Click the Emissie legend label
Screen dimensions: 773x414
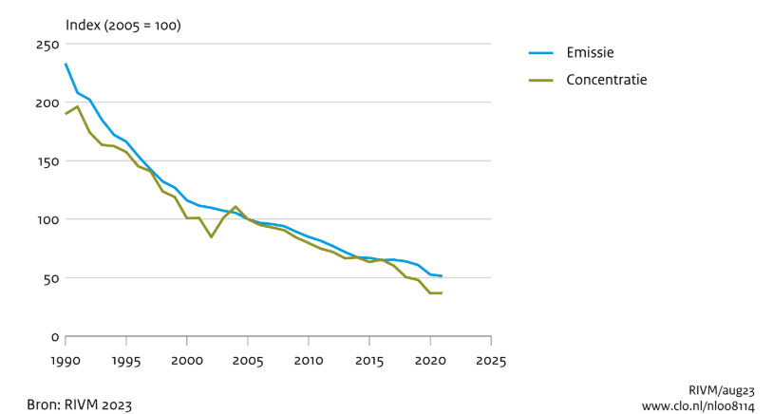click(590, 52)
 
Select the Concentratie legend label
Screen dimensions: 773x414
click(607, 80)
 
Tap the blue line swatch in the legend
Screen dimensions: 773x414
click(541, 53)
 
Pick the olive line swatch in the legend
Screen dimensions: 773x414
click(541, 80)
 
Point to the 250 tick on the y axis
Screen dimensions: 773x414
click(47, 45)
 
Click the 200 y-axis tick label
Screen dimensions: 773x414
click(47, 103)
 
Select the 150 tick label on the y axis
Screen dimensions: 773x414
click(47, 161)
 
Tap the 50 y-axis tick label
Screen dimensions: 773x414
click(51, 278)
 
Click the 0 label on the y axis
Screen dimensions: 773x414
click(55, 338)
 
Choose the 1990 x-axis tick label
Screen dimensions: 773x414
click(66, 361)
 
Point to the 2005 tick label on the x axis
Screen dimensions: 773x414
click(248, 361)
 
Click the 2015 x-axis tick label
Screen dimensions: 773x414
click(369, 361)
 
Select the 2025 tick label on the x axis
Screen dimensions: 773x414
click(491, 361)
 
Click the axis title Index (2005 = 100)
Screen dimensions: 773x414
click(123, 26)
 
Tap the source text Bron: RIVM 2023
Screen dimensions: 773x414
click(80, 405)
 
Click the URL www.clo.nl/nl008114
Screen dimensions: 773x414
click(698, 406)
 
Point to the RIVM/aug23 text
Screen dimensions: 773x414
click(721, 391)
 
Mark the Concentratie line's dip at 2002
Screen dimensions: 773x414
click(211, 237)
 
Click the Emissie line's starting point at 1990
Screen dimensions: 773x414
click(66, 64)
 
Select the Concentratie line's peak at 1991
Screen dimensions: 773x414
click(78, 106)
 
